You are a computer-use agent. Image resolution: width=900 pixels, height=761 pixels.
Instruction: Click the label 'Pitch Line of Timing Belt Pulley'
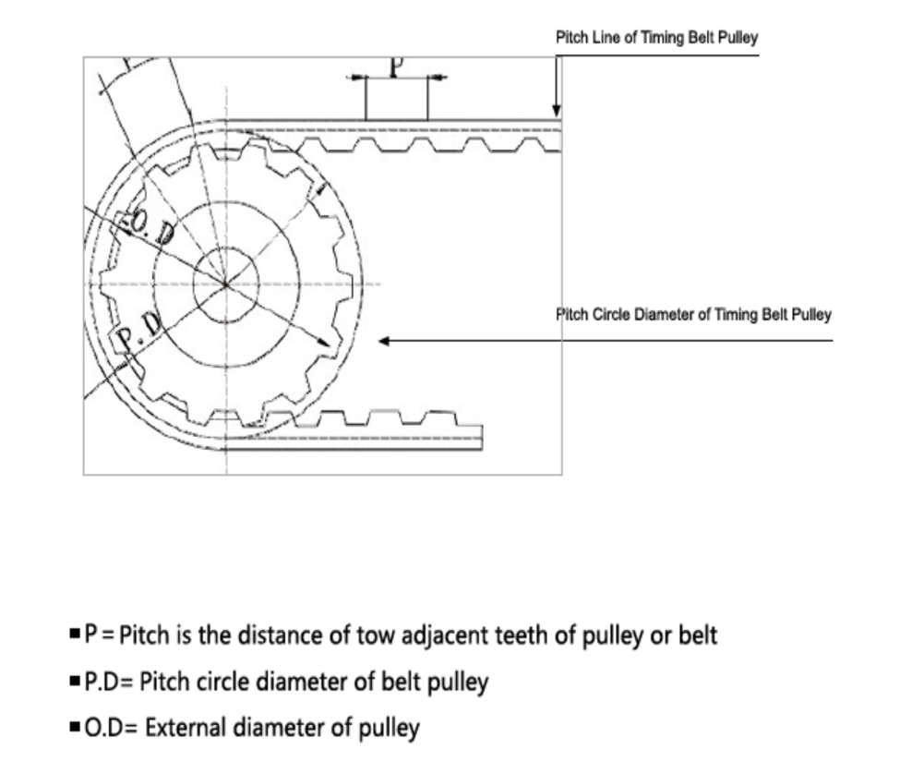(656, 40)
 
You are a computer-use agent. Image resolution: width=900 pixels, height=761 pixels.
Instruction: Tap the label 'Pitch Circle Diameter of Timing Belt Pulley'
(693, 315)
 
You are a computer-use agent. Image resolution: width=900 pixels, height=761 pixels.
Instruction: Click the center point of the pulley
(226, 284)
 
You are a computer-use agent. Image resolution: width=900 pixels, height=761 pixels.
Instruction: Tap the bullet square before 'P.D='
(75, 683)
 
